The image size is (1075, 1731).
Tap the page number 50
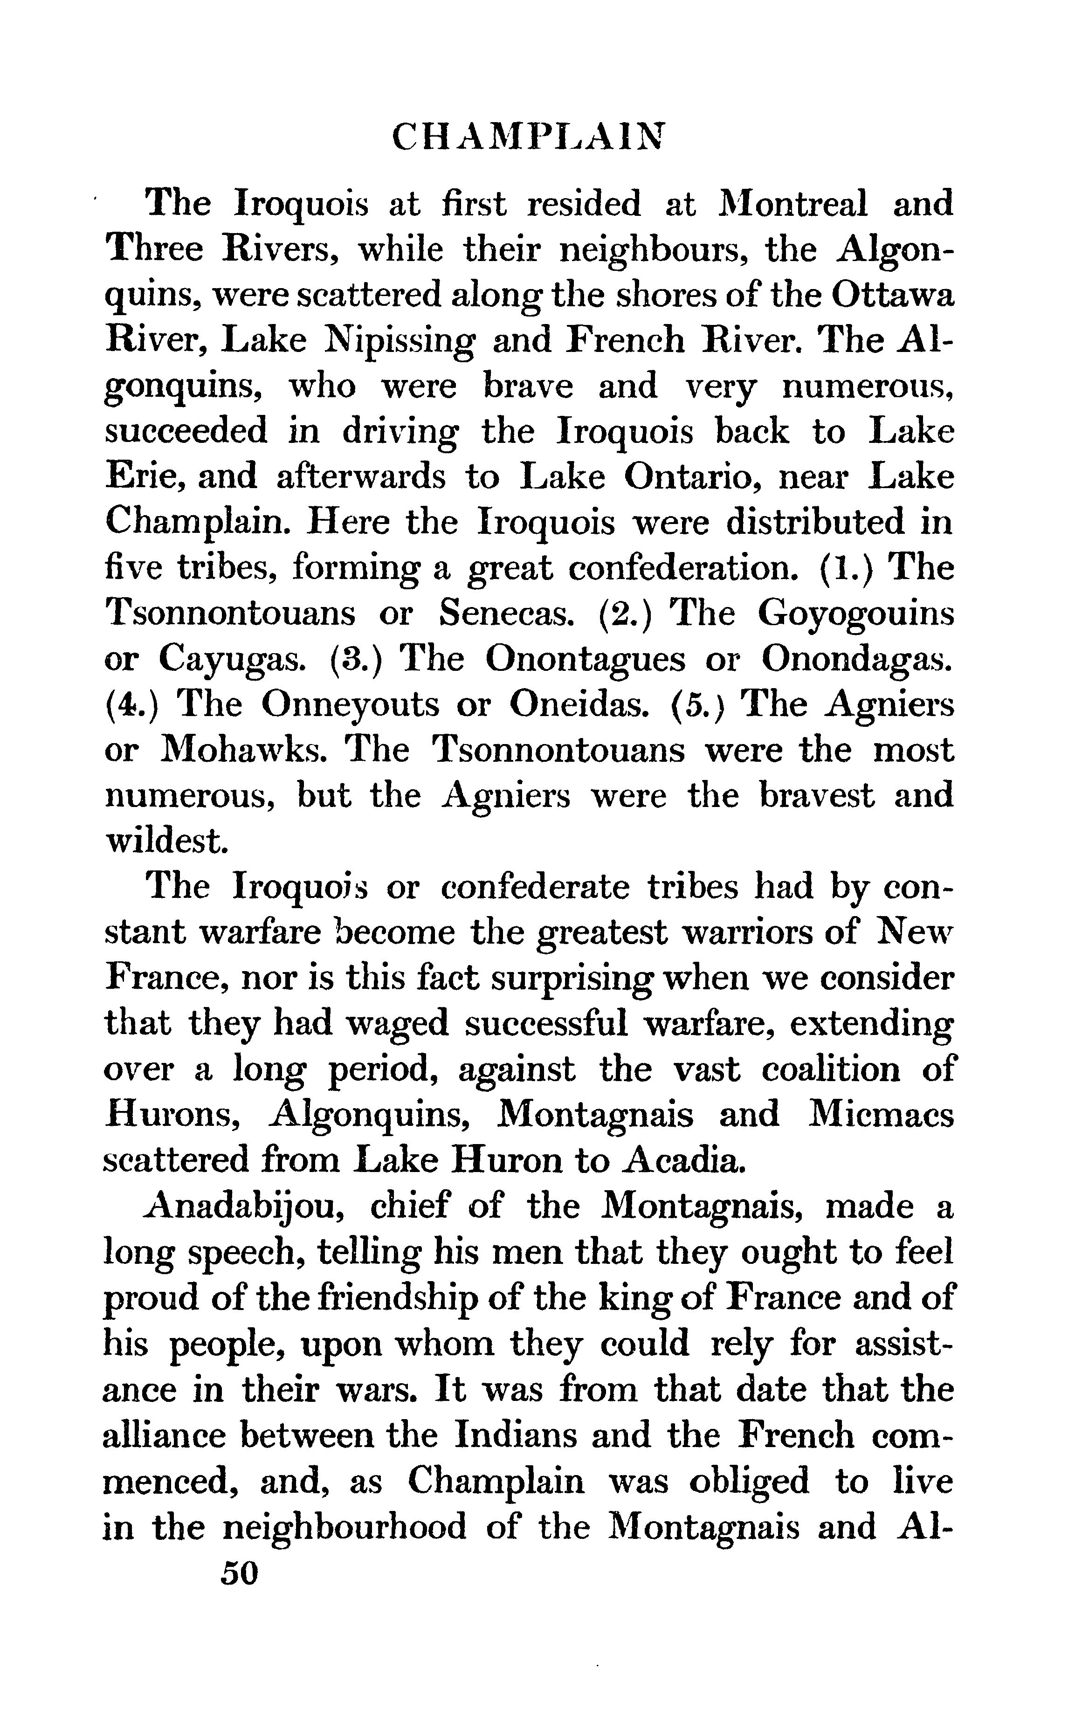tap(239, 1572)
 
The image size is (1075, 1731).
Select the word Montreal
tap(793, 204)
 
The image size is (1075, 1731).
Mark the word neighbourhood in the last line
tap(345, 1526)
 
